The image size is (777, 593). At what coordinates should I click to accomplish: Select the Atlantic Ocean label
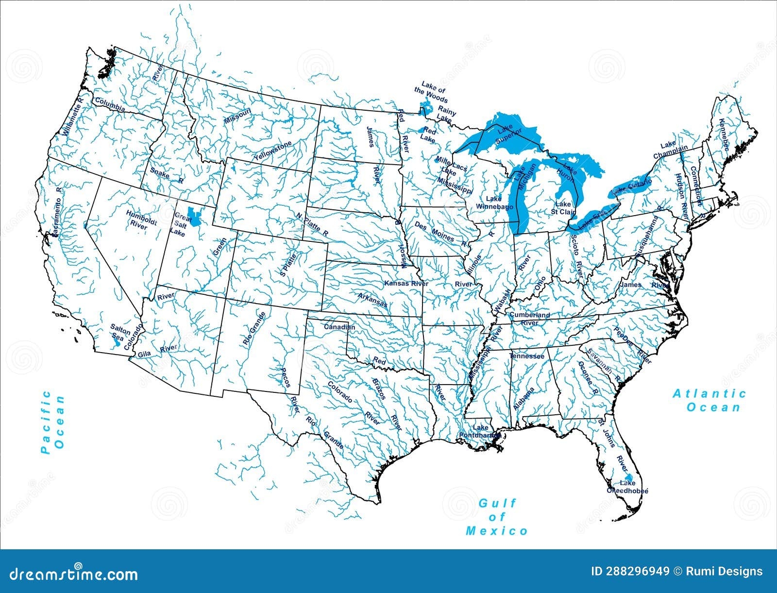click(x=709, y=400)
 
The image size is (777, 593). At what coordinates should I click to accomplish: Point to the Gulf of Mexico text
click(x=497, y=517)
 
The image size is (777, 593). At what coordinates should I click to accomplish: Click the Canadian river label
click(x=339, y=327)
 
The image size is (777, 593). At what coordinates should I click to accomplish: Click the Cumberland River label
click(x=529, y=318)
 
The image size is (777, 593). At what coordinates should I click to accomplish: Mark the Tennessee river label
click(x=526, y=356)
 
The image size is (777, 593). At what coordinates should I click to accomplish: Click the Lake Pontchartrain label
click(x=480, y=431)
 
